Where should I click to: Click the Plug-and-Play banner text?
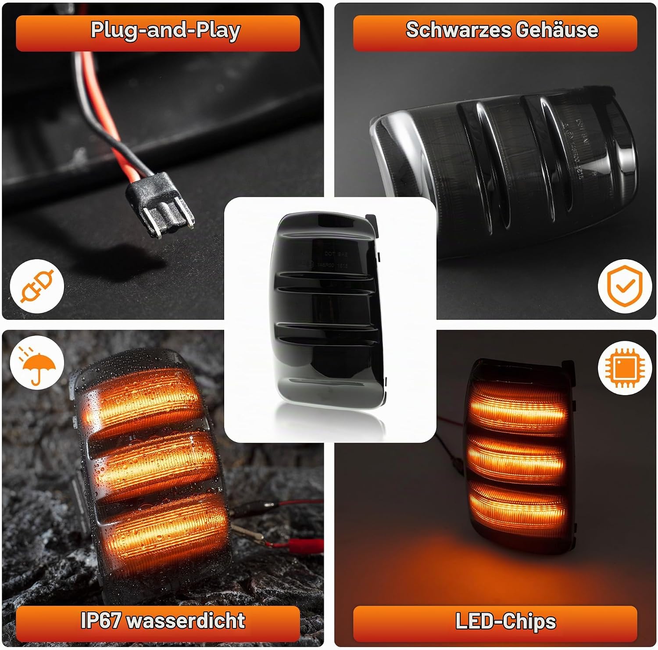tap(165, 31)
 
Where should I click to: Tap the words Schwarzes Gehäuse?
tap(502, 30)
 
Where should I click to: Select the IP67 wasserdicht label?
tap(163, 620)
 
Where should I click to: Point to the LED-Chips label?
tap(505, 621)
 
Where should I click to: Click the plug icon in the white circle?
tap(37, 286)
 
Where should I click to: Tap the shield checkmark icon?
tap(624, 286)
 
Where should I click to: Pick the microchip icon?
tap(624, 368)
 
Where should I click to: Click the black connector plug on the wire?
tap(160, 205)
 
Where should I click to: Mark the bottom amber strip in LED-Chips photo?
tap(519, 504)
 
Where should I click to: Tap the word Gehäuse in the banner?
tap(557, 30)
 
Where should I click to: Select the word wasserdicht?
tap(186, 620)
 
